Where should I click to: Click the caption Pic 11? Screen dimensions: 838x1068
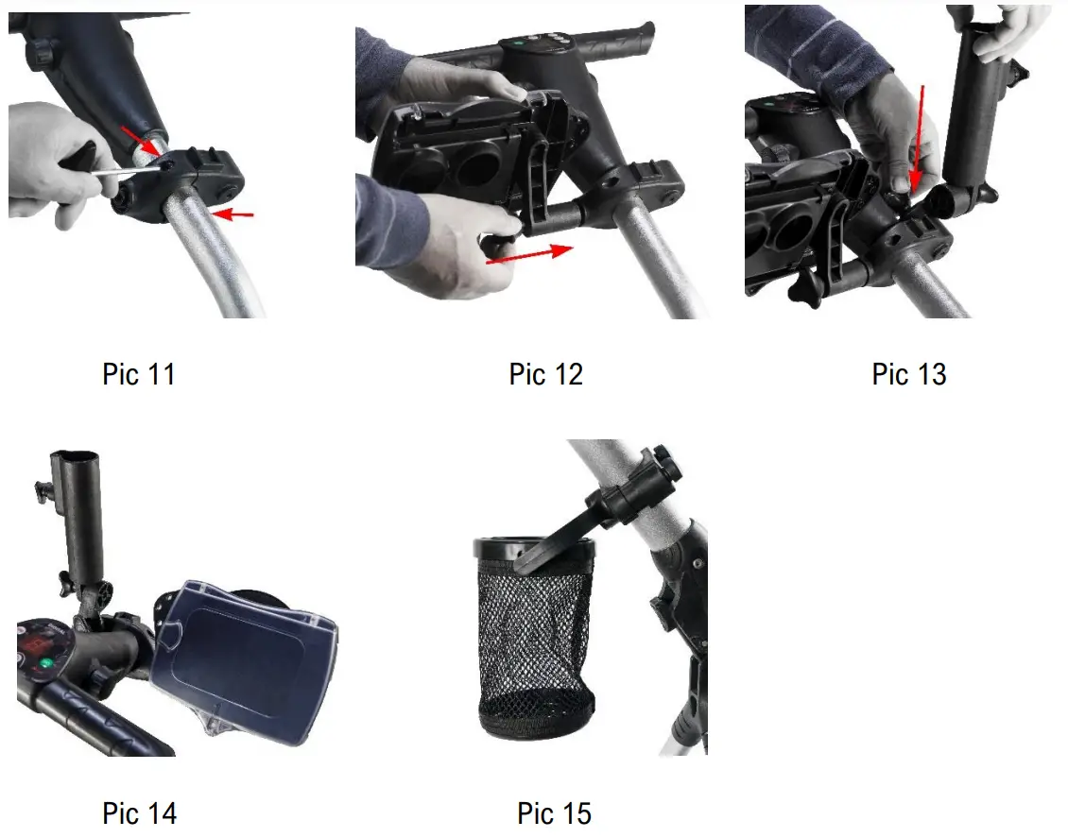point(138,374)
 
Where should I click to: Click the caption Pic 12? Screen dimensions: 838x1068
point(545,374)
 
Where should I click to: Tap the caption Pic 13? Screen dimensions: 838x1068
point(908,374)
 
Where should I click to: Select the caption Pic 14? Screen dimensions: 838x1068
point(139,812)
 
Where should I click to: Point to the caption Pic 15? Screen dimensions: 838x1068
point(554,812)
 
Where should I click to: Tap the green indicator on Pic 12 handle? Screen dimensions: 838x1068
point(518,43)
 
